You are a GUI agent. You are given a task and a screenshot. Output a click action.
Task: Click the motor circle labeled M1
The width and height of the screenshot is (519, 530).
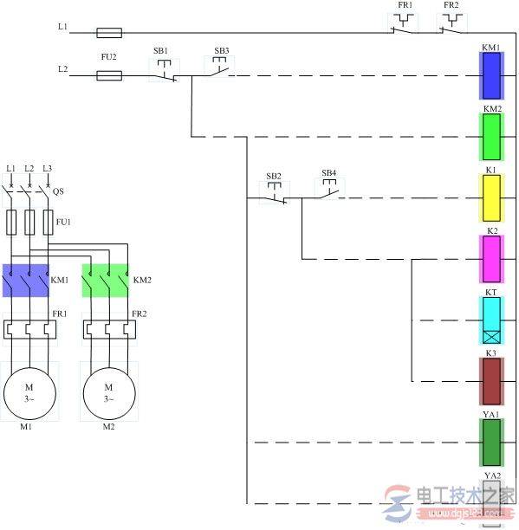(29, 392)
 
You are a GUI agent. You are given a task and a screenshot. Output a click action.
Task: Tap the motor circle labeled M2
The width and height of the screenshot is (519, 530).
(109, 392)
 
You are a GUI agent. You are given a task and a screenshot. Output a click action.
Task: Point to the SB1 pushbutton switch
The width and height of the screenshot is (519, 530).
(164, 73)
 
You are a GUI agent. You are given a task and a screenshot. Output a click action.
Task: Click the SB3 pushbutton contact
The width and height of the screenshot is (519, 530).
(217, 70)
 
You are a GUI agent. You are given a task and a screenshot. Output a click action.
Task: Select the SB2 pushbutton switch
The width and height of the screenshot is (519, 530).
(275, 196)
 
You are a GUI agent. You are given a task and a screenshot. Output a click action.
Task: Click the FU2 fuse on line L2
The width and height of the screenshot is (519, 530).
(108, 76)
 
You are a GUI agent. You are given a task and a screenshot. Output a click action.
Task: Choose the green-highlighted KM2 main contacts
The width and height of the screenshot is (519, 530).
(105, 281)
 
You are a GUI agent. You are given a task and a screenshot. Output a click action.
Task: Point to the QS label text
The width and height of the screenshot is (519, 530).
(58, 192)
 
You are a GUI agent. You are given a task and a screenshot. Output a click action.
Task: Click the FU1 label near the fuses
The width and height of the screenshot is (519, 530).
(62, 222)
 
